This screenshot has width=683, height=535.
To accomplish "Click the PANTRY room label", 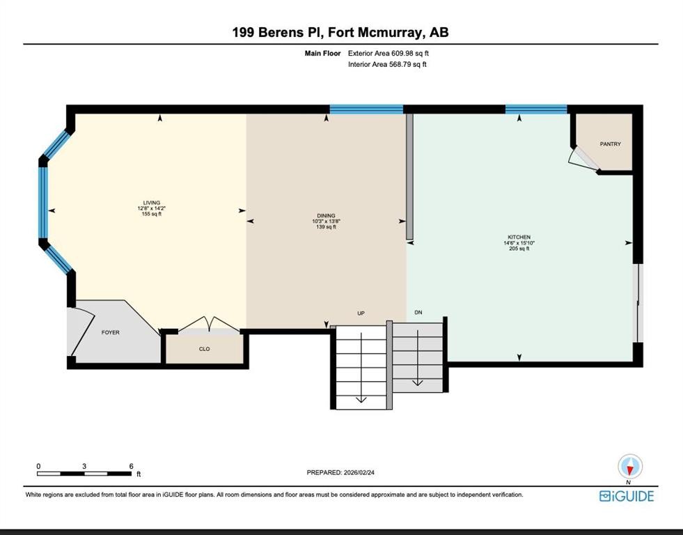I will point(610,144).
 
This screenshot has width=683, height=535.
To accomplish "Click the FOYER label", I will point(110,332).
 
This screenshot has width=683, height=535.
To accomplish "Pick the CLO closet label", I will point(204,349).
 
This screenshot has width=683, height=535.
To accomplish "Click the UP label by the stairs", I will point(361,313).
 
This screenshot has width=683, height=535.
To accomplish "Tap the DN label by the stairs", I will point(418,313).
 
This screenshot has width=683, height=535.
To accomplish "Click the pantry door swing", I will point(582,159).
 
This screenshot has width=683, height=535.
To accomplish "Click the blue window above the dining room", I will point(366,109).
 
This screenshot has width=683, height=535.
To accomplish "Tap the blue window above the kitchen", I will point(535,109).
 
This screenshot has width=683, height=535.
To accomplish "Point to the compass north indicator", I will point(630,467).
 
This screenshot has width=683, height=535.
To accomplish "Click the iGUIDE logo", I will point(626,496).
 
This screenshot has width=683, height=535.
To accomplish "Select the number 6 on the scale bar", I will point(131,466).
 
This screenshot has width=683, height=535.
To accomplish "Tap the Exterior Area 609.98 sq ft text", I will point(393,53).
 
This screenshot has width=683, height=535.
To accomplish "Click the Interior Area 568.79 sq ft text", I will point(387,65).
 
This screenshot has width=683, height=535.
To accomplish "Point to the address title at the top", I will point(340,33).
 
